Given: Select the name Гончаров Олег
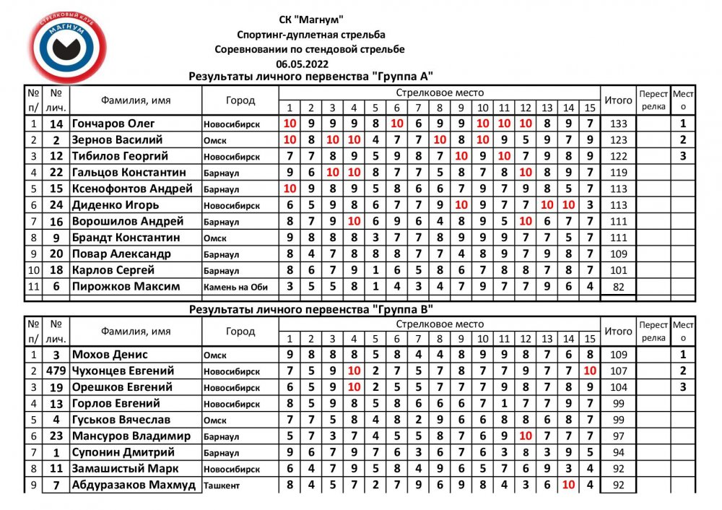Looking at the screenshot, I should (113, 124).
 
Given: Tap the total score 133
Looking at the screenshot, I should (618, 124).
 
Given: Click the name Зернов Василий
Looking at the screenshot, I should (117, 139).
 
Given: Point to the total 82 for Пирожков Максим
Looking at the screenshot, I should (618, 287).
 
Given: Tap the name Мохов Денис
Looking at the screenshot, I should (110, 355).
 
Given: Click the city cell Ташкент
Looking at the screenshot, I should (222, 485).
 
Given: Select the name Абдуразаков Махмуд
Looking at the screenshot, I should (134, 485).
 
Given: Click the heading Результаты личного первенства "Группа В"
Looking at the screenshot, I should (310, 308).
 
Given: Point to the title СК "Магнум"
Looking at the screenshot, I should (310, 20).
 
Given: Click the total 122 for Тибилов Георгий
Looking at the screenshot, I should (618, 156).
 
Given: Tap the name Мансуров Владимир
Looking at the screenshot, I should (131, 436).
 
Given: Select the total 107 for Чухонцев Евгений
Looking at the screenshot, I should (618, 371).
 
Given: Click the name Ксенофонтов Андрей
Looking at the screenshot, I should (132, 189).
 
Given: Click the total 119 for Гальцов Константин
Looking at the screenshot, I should (618, 173).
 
